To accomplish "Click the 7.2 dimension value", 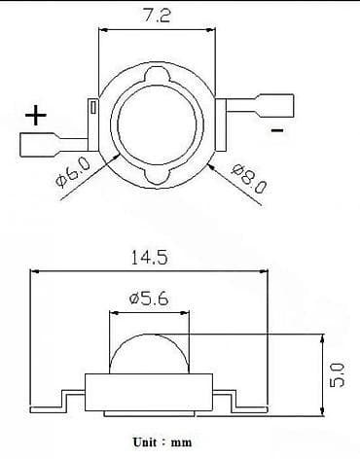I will pyautogui.click(x=156, y=17).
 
